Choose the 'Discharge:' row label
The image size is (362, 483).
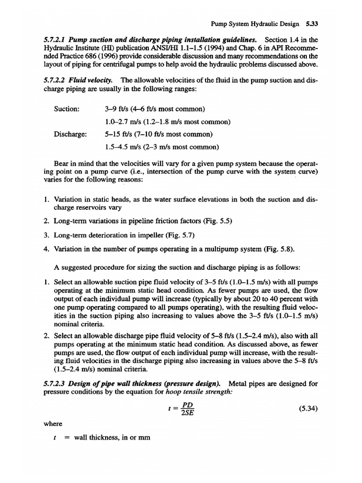click(71, 134)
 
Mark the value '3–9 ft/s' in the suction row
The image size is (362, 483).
click(117, 109)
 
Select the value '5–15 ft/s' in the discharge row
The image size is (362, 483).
click(120, 134)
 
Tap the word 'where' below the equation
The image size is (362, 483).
click(53, 424)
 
